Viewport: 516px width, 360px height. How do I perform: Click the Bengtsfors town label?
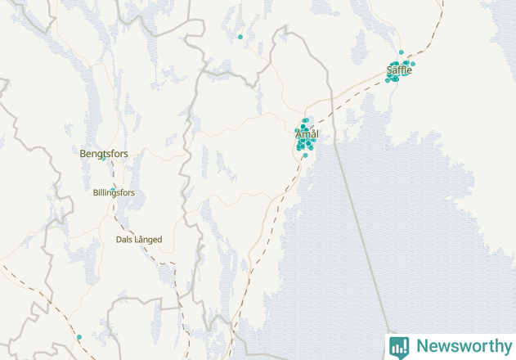pyautogui.click(x=104, y=153)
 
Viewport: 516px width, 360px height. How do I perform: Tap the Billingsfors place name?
pyautogui.click(x=114, y=193)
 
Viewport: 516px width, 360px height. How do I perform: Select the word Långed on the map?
pyautogui.click(x=149, y=240)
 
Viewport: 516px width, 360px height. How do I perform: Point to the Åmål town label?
pyautogui.click(x=307, y=134)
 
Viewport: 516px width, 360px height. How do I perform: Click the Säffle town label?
pyautogui.click(x=399, y=70)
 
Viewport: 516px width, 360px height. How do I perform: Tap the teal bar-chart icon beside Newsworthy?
pyautogui.click(x=399, y=346)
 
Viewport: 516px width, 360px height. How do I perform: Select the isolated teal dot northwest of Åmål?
pyautogui.click(x=240, y=37)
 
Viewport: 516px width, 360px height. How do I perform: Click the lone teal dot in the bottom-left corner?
pyautogui.click(x=79, y=337)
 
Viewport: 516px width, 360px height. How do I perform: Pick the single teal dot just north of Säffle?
pyautogui.click(x=401, y=52)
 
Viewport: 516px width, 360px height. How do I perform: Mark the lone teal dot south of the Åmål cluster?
pyautogui.click(x=305, y=155)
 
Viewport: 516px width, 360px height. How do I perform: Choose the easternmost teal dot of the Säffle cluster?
pyautogui.click(x=413, y=64)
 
